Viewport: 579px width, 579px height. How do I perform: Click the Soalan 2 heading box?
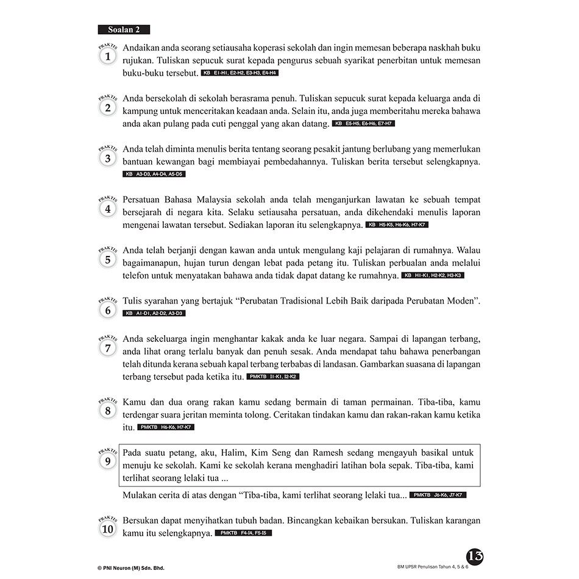124,29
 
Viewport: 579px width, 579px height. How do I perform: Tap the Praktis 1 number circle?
108,57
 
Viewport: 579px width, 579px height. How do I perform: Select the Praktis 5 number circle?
108,260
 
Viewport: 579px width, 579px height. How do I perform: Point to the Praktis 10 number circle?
108,529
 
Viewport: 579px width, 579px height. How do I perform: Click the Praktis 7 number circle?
108,349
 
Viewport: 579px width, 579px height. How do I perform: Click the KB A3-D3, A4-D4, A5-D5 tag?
154,174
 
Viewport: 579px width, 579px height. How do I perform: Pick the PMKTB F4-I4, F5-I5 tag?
243,533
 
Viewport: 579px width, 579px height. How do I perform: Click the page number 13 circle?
475,556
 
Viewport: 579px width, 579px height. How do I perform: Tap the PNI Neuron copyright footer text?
131,568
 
